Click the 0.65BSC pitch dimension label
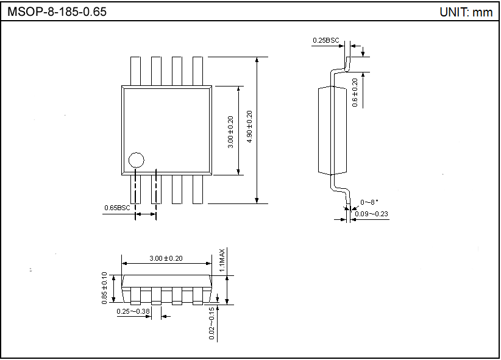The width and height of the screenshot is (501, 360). (117, 208)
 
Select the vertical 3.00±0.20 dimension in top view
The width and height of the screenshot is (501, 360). (230, 131)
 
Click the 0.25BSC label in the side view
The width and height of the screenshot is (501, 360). (325, 40)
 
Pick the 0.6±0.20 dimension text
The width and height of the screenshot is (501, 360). (355, 93)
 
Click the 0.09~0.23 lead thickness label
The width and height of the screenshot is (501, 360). (372, 213)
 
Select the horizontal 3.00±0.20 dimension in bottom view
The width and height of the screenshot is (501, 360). (166, 258)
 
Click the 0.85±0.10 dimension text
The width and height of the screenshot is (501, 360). (104, 288)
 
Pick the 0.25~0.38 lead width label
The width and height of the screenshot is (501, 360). (133, 311)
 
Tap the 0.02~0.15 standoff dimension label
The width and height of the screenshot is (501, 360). (211, 323)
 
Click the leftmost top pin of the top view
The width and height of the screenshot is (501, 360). (136, 70)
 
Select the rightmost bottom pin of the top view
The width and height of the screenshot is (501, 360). (197, 189)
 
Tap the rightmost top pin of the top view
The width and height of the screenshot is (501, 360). (197, 70)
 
